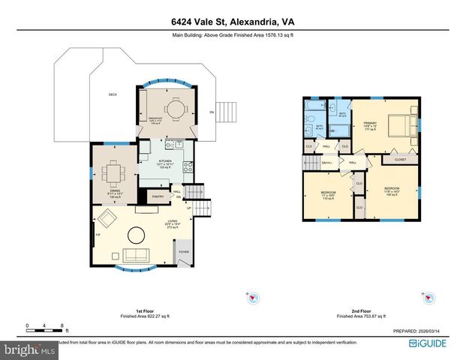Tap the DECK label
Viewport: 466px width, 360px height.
point(113,94)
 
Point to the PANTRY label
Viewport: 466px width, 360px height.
point(158,196)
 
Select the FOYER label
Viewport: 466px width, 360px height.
point(183,253)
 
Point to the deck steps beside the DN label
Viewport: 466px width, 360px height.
point(227,112)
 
